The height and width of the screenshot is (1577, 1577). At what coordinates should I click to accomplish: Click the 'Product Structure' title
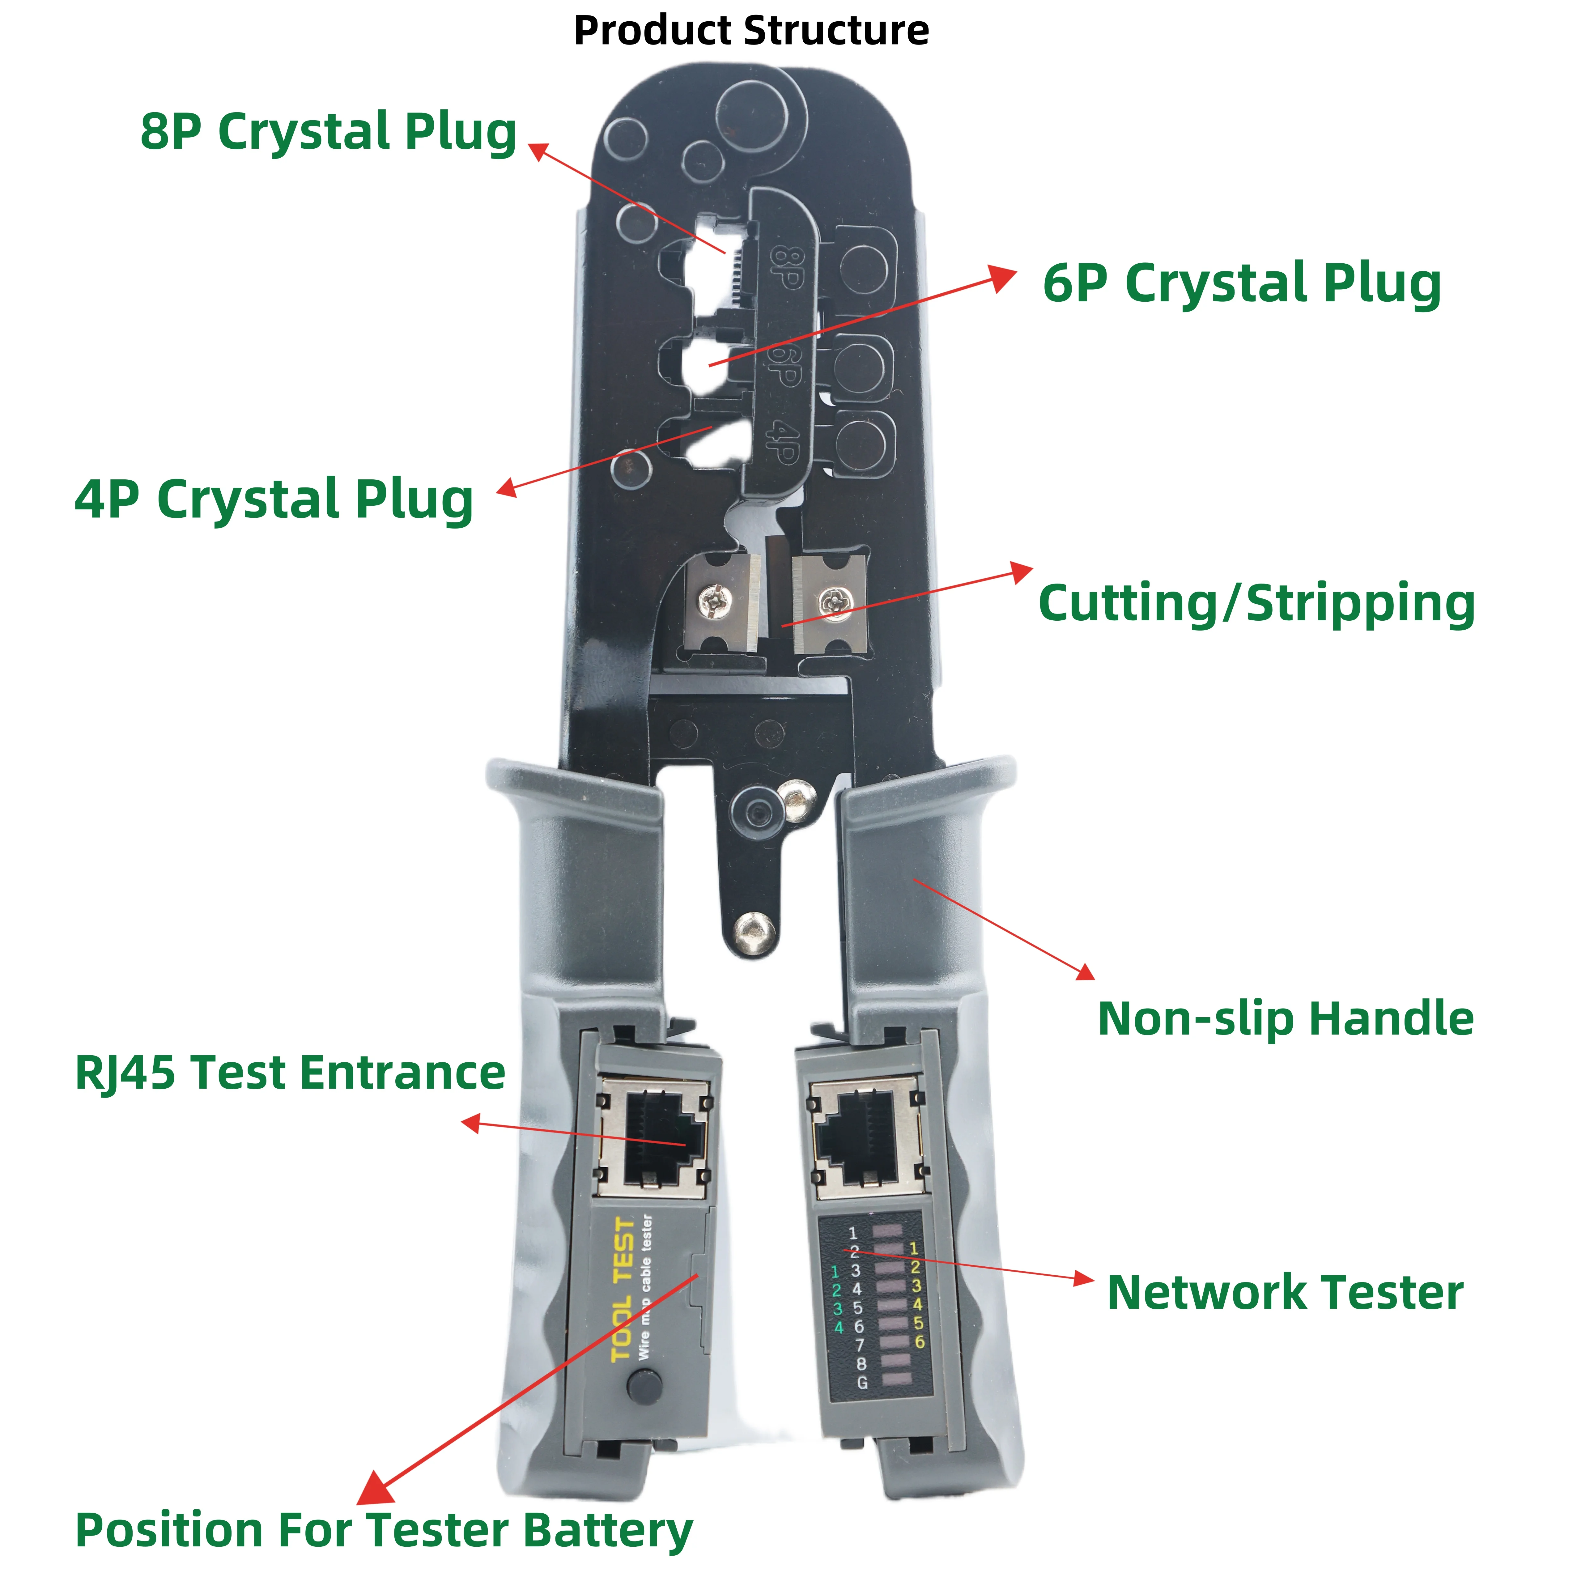(x=751, y=31)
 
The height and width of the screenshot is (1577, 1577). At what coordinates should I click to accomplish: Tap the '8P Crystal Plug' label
(x=328, y=132)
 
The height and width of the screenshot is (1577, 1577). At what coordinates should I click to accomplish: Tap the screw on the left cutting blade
(x=712, y=601)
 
